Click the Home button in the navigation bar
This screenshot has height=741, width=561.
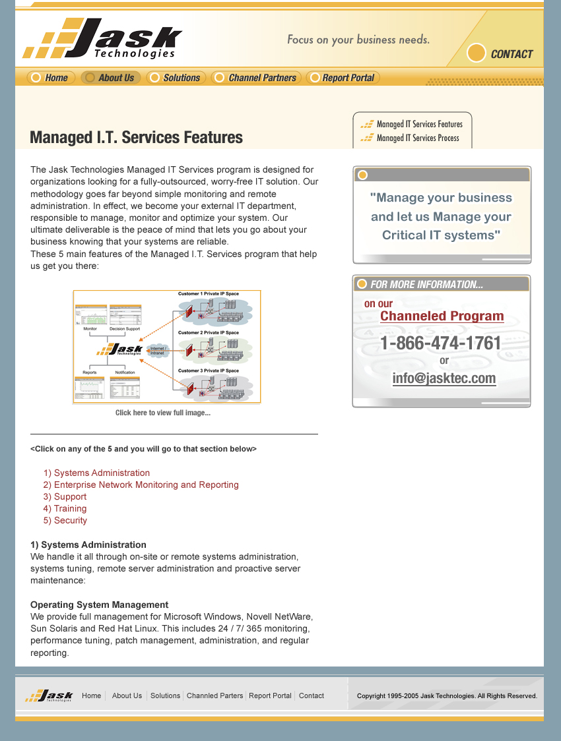(51, 78)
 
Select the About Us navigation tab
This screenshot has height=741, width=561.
(110, 78)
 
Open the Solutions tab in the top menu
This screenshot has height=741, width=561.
(176, 78)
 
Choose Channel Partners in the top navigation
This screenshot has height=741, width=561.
(256, 78)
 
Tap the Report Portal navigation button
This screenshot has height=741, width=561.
(343, 78)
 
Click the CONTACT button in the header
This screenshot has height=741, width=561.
(500, 54)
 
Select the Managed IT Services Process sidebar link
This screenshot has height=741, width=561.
(417, 138)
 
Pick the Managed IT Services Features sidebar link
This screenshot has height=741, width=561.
(419, 124)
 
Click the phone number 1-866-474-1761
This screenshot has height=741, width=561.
(441, 343)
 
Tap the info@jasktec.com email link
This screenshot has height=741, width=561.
(444, 378)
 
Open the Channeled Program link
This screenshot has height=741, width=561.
(442, 316)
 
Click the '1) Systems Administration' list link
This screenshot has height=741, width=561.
(96, 473)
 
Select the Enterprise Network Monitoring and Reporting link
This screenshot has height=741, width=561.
(141, 485)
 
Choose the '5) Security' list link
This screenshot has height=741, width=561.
(65, 520)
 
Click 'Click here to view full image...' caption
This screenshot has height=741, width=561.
(163, 413)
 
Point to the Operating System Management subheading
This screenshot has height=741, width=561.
(100, 605)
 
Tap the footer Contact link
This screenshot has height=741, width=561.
(312, 696)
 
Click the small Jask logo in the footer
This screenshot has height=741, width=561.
(49, 696)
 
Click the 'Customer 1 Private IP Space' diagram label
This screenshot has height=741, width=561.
(209, 294)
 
